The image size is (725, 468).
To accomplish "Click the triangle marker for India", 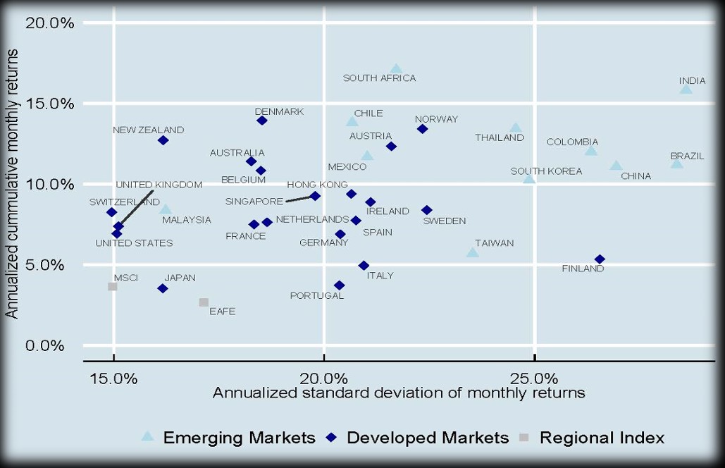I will [686, 89].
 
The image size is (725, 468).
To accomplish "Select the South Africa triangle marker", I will [396, 69].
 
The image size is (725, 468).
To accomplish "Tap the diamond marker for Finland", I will [600, 259].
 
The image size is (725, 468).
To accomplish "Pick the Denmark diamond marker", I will [262, 121].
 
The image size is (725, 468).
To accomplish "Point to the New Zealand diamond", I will [163, 140].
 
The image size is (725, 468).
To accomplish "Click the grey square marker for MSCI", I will [113, 287].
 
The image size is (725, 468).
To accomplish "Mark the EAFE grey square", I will [204, 302].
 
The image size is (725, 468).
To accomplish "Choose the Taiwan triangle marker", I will [473, 252].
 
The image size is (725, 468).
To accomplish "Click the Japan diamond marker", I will [163, 288].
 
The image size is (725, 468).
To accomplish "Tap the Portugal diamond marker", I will [340, 285].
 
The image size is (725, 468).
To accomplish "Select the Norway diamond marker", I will [423, 129].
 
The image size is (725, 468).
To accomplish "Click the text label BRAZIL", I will [687, 156].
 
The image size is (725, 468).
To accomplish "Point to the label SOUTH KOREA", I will [546, 171].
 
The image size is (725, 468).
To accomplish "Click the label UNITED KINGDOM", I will [159, 185].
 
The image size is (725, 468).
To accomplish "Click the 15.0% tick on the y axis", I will [49, 104].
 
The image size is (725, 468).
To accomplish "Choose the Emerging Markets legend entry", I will [230, 438].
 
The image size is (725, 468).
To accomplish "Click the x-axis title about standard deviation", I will [399, 393].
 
